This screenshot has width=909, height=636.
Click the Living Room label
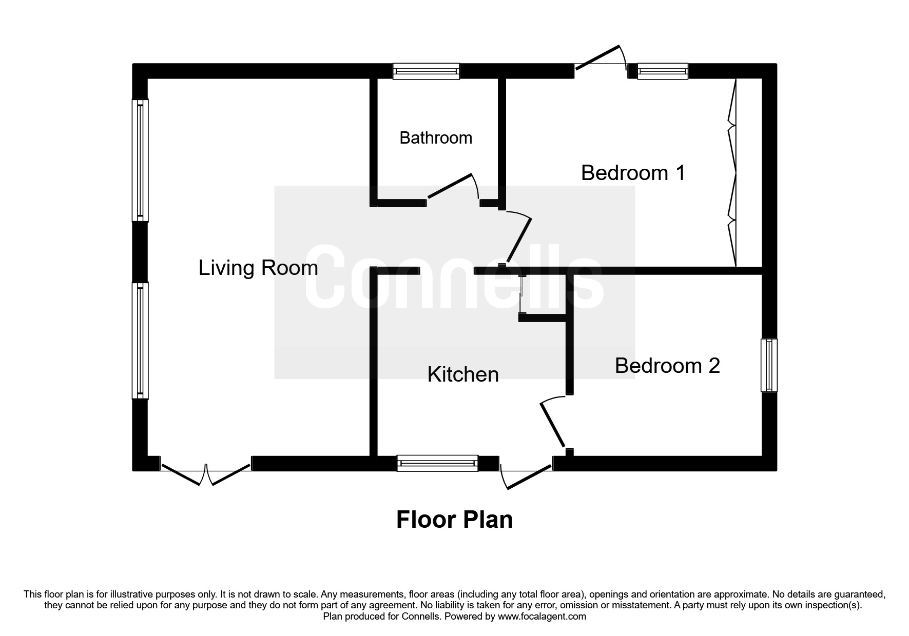click(258, 268)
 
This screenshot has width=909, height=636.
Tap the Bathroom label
click(436, 138)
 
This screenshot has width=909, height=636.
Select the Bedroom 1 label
click(633, 173)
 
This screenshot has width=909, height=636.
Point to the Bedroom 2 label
click(667, 366)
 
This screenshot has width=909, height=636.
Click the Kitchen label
click(463, 374)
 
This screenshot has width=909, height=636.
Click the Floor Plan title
click(454, 520)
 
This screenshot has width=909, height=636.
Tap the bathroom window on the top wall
click(426, 71)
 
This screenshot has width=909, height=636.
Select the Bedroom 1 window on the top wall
click(663, 71)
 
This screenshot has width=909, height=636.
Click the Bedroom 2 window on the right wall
click(769, 365)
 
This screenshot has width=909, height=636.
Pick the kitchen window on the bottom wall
click(437, 463)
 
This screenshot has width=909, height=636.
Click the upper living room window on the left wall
click(140, 160)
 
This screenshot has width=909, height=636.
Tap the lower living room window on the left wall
click(140, 341)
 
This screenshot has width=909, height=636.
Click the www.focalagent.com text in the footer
click(541, 617)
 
